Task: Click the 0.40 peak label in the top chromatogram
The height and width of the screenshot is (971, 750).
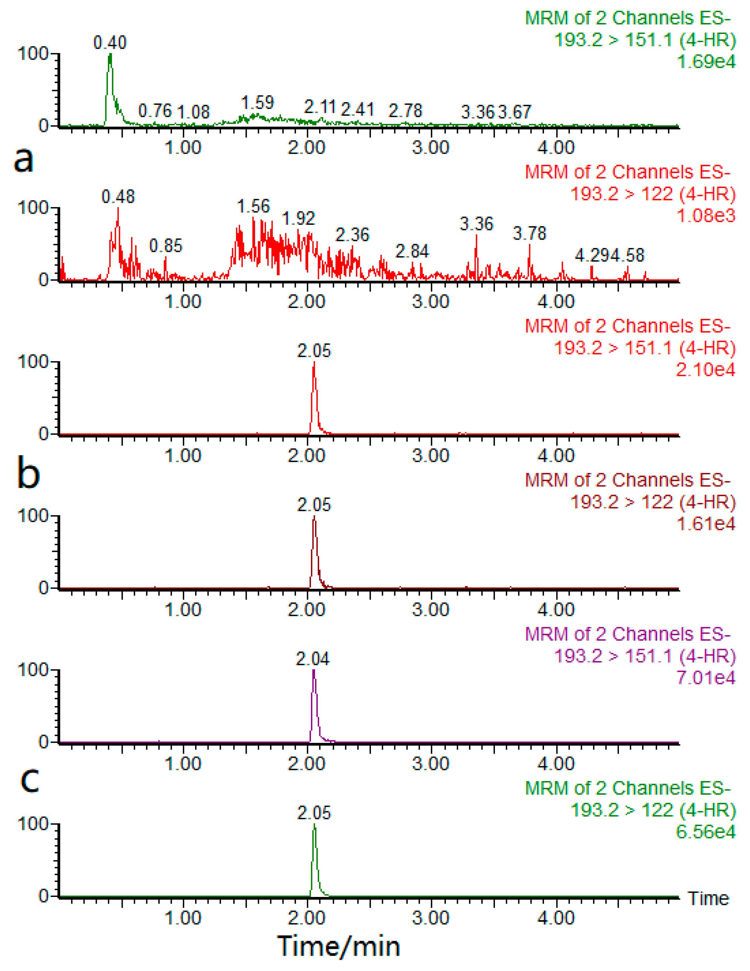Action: coord(110,43)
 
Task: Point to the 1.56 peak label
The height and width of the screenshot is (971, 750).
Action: coord(253,206)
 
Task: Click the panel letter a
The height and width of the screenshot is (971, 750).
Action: coord(23,159)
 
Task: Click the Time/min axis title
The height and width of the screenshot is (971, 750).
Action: coord(339,946)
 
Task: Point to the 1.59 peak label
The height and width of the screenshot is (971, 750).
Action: coord(257,103)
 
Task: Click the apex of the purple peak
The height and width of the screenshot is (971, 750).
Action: coord(314,671)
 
